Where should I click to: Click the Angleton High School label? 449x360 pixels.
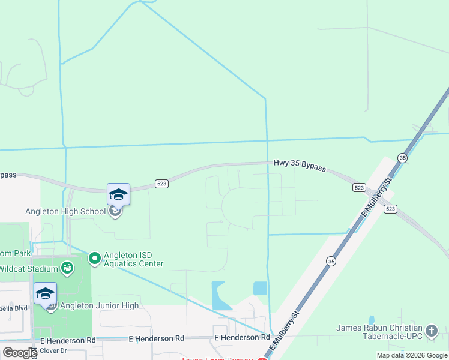65,211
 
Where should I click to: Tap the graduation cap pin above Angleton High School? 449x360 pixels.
118,195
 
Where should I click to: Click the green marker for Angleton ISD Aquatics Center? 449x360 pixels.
94,259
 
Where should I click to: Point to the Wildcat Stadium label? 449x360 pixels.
27,268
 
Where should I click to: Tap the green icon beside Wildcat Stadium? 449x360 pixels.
67,267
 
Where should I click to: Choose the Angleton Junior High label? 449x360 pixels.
100,305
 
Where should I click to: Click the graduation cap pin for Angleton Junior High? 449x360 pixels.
45,294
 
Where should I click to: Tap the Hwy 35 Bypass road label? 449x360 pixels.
300,165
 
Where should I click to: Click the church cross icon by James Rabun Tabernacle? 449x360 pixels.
431,331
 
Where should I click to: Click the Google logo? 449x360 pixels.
20,353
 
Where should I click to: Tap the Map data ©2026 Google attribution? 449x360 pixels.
411,355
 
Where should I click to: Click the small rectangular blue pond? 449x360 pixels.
260,288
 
